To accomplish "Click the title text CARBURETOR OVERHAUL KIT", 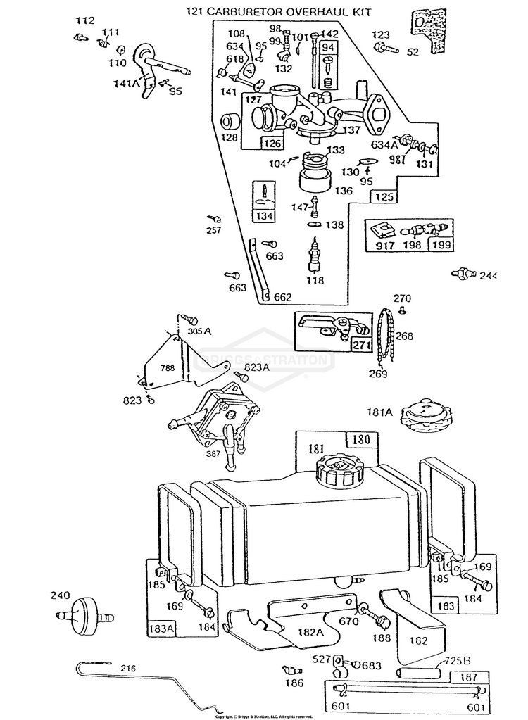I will [289, 12].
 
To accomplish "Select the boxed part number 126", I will [272, 144].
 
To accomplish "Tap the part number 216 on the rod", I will [127, 668].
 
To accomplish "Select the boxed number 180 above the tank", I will [360, 441].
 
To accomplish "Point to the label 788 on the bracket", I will [167, 367].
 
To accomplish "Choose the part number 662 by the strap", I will [282, 298].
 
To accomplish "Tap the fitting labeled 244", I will [463, 273].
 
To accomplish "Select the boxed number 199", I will [441, 246].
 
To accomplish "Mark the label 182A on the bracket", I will [310, 633].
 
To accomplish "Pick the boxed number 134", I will [264, 215].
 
